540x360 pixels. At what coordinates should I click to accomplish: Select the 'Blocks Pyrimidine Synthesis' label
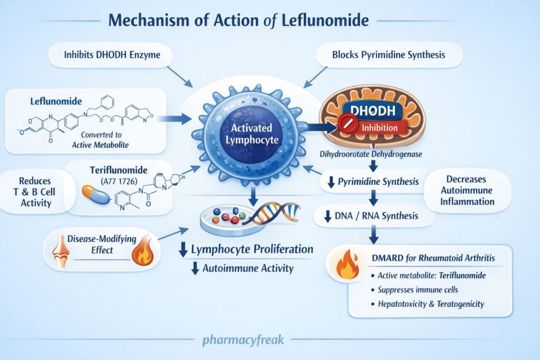coord(390,54)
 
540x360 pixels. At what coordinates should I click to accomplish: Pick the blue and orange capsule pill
coord(95,194)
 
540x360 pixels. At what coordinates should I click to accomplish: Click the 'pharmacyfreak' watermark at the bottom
coord(243,339)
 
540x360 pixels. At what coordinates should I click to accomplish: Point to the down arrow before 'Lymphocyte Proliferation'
coord(184,250)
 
